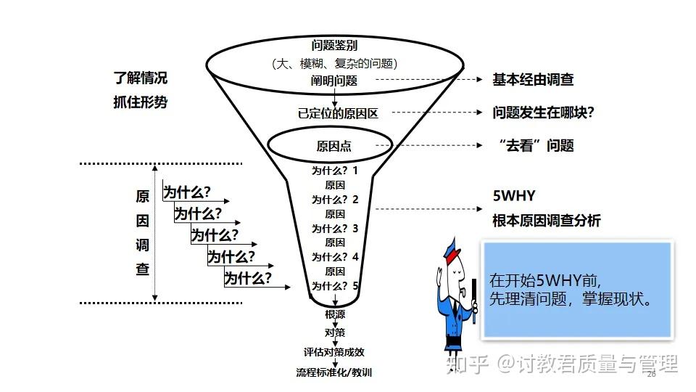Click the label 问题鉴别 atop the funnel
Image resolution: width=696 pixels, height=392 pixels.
point(334,45)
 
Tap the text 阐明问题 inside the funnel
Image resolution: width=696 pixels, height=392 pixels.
point(334,81)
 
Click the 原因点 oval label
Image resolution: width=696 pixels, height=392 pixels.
point(334,146)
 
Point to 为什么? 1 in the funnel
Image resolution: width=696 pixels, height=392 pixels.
point(335,171)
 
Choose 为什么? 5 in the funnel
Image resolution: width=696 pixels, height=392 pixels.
point(335,285)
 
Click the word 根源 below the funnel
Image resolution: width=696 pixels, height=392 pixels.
point(335,314)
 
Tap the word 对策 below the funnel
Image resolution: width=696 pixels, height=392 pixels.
point(335,332)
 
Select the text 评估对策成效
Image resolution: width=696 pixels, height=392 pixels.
point(334,352)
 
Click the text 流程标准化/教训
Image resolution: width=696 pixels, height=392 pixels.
point(334,372)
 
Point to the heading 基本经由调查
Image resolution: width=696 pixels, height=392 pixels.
point(533,80)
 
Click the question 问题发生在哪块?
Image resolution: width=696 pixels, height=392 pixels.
point(538,113)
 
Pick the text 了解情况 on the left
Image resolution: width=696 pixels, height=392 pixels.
point(140,78)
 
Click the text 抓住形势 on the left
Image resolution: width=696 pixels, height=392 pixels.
point(140,102)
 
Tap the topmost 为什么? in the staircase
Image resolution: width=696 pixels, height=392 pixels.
point(186,192)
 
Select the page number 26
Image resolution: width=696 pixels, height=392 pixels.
point(650,374)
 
